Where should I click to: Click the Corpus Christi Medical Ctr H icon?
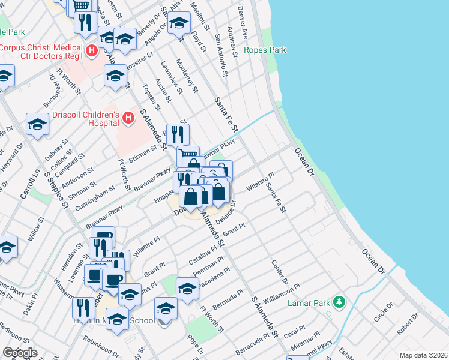tap(91, 51)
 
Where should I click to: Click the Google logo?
tap(19, 353)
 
